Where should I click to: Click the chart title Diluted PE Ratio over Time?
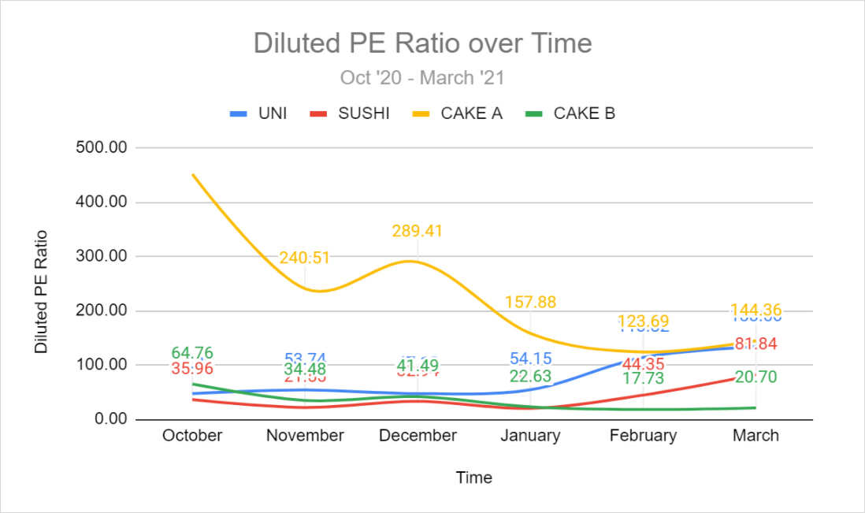(422, 43)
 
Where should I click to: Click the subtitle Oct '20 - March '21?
(422, 78)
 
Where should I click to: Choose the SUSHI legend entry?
(363, 113)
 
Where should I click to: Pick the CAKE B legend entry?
(584, 113)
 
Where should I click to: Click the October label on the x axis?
(192, 436)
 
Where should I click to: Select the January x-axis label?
(531, 436)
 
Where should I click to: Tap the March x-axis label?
(756, 436)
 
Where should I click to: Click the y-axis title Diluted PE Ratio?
(41, 292)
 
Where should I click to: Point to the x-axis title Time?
(474, 478)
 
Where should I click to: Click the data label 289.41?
(418, 232)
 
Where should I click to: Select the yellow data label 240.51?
(304, 258)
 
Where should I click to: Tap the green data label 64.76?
(193, 353)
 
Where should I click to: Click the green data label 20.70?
(756, 377)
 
